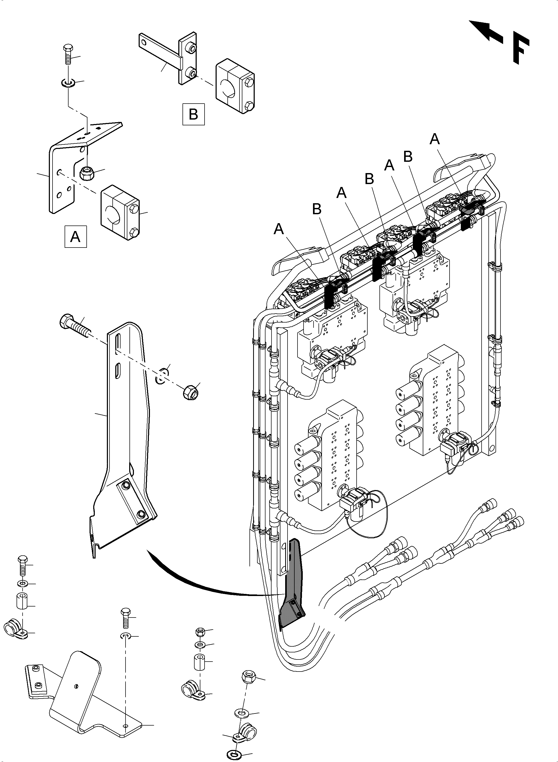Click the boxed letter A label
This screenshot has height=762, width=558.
click(76, 237)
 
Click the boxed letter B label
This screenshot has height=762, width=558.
click(194, 114)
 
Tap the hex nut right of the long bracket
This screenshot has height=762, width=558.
click(191, 392)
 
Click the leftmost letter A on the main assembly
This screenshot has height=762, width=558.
click(279, 229)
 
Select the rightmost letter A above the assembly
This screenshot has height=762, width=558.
click(435, 139)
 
